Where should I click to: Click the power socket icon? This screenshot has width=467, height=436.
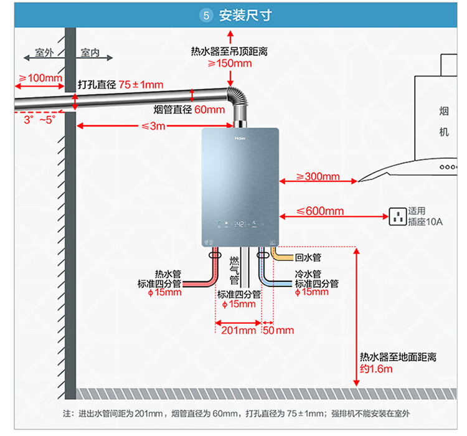tap(397, 217)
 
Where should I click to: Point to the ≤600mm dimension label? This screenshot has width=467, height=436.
tap(319, 212)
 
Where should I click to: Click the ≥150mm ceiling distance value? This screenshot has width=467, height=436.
tap(230, 64)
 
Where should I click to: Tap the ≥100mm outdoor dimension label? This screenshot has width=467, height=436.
tap(40, 78)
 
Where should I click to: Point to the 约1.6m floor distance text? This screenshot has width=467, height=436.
tap(377, 369)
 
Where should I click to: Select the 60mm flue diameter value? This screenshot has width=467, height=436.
tap(209, 110)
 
